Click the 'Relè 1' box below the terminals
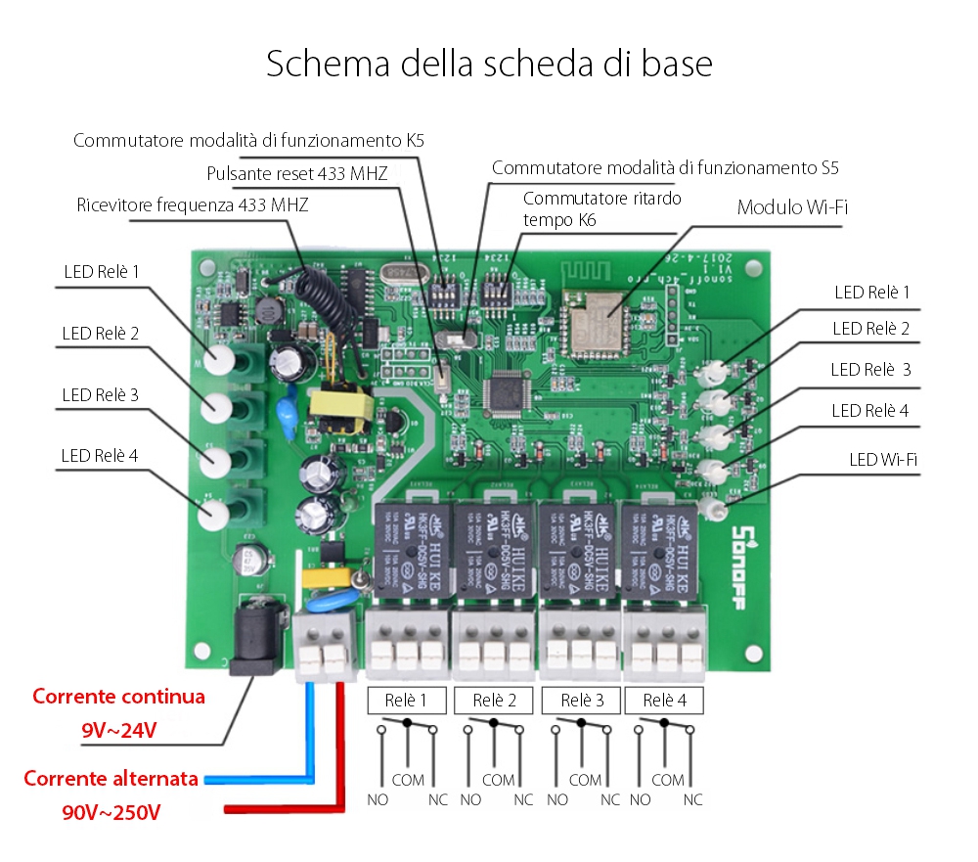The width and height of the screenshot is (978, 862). click(x=407, y=701)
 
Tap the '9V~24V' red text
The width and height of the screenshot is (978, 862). click(x=119, y=731)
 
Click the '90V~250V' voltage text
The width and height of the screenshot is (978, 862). click(x=111, y=812)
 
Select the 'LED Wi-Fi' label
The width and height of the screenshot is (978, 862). click(x=882, y=458)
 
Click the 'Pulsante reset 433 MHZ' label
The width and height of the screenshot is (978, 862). click(x=297, y=174)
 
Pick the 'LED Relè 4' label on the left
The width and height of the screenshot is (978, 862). click(x=100, y=455)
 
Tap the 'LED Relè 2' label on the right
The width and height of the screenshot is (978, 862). click(x=870, y=328)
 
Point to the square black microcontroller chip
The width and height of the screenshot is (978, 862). click(x=507, y=393)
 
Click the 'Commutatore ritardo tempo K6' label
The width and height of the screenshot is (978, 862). click(x=600, y=208)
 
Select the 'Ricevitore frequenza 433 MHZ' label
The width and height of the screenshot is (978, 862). click(x=193, y=205)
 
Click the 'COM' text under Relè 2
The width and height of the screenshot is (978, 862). click(x=498, y=780)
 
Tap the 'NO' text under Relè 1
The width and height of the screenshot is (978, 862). click(x=378, y=799)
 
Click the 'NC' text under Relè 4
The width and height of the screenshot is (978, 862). click(x=692, y=799)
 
